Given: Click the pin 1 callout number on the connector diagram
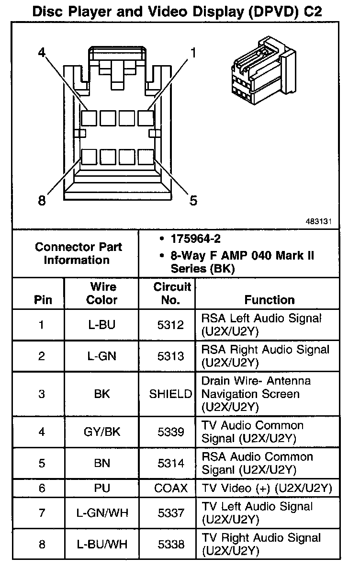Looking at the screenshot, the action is pyautogui.click(x=193, y=52).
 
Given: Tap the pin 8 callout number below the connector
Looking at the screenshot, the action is pyautogui.click(x=42, y=200).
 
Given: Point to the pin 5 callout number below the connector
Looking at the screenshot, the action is pyautogui.click(x=193, y=200).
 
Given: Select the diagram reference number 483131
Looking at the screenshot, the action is pyautogui.click(x=319, y=222).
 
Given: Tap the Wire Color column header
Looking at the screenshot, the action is pyautogui.click(x=101, y=293).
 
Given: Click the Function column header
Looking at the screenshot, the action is pyautogui.click(x=270, y=300).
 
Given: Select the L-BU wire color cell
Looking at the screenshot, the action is pyautogui.click(x=101, y=325).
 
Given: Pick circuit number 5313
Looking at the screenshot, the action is pyautogui.click(x=170, y=356).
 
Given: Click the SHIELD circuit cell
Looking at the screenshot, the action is pyautogui.click(x=171, y=394).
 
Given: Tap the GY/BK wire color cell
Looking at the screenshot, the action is pyautogui.click(x=101, y=432).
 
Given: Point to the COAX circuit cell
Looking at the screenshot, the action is pyautogui.click(x=171, y=488).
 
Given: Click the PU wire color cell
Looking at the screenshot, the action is pyautogui.click(x=102, y=488).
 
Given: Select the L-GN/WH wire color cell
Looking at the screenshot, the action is pyautogui.click(x=101, y=513).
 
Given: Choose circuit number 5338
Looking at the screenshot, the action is pyautogui.click(x=170, y=544).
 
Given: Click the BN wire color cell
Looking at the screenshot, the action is pyautogui.click(x=102, y=463).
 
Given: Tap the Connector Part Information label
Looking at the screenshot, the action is pyautogui.click(x=79, y=253).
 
